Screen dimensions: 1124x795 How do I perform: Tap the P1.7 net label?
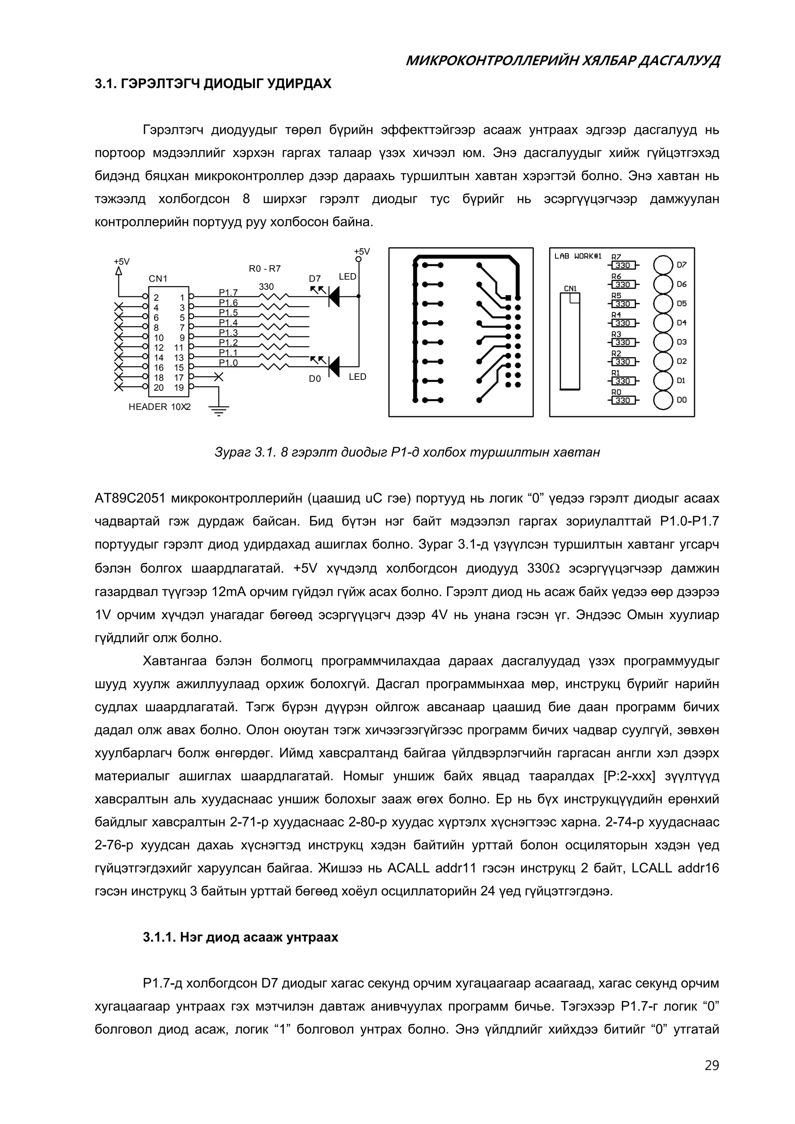click(228, 293)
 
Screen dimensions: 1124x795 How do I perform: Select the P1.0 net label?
click(228, 363)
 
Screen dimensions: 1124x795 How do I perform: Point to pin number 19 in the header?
click(179, 388)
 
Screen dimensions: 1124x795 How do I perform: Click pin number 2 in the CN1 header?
click(156, 298)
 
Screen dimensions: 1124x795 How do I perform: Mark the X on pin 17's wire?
click(219, 377)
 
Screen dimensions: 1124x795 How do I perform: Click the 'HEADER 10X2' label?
click(160, 407)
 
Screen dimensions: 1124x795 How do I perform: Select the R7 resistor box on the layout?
click(623, 265)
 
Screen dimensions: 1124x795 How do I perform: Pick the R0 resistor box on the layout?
click(623, 400)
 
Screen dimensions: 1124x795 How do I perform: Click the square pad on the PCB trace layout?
click(508, 298)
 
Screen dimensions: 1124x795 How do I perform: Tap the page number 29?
click(712, 1079)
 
